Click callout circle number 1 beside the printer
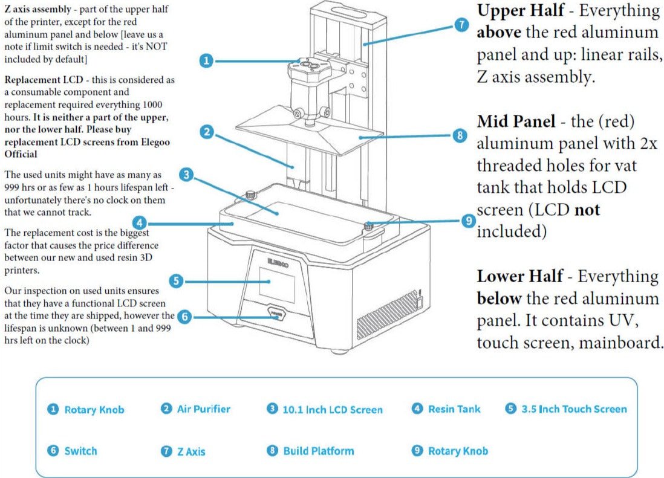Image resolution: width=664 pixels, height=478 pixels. point(206,60)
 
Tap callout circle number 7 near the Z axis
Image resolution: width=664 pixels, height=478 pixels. point(461,25)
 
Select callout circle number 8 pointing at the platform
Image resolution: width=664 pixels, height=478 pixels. point(460,135)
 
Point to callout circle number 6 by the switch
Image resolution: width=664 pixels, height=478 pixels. point(185,316)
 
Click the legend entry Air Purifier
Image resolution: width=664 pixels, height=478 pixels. point(203,409)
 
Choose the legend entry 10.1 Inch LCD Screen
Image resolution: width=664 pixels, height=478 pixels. point(332,410)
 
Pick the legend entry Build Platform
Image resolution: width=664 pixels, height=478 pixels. point(318,451)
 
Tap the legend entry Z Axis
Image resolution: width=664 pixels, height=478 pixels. point(191,451)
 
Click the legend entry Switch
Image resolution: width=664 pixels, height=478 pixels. point(80,451)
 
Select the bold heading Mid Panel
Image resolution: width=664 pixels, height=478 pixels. point(516,121)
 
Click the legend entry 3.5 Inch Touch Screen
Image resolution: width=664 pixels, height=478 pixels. point(574,409)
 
